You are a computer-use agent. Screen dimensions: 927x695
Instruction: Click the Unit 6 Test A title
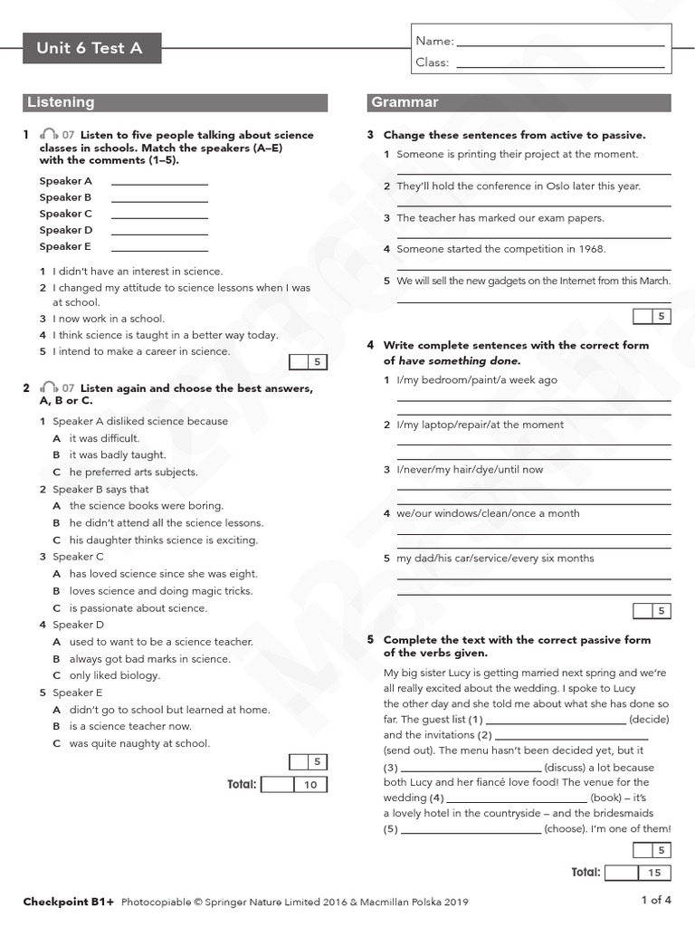[x=90, y=48]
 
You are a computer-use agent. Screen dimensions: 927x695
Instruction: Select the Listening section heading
[x=61, y=102]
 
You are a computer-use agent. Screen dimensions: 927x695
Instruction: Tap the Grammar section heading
[x=405, y=102]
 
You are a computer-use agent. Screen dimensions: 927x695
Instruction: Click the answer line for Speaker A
[x=159, y=182]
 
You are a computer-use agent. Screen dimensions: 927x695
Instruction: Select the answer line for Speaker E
[x=159, y=247]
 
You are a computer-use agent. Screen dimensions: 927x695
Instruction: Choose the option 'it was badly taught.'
[x=118, y=455]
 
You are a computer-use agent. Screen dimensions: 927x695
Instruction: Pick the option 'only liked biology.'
[x=114, y=675]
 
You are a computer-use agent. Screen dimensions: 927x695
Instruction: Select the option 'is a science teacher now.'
[x=130, y=726]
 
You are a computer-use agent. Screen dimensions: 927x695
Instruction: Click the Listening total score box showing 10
[x=310, y=785]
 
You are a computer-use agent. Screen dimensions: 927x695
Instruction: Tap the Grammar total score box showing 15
[x=654, y=873]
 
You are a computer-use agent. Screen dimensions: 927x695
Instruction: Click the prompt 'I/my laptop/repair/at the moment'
[x=480, y=425]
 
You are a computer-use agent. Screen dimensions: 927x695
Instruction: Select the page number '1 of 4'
[x=656, y=900]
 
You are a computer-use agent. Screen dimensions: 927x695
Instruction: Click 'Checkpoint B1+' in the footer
[x=69, y=902]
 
